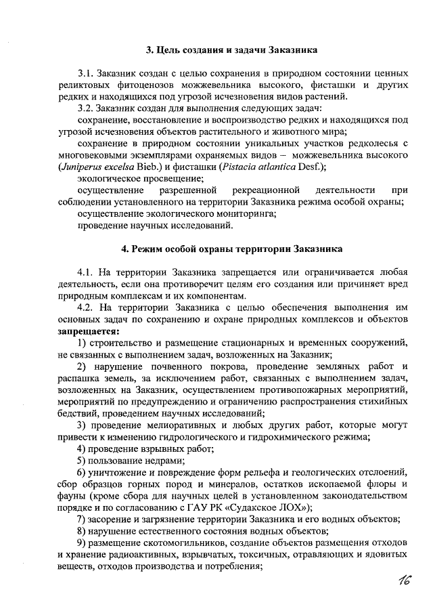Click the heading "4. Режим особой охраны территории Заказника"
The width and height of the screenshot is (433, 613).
coord(232,248)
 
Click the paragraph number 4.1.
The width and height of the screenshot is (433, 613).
coord(86,271)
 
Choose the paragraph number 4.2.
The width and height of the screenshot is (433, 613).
coord(86,307)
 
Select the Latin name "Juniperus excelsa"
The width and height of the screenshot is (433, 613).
coord(91,167)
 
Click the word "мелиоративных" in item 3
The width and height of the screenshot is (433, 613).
coord(180,425)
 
